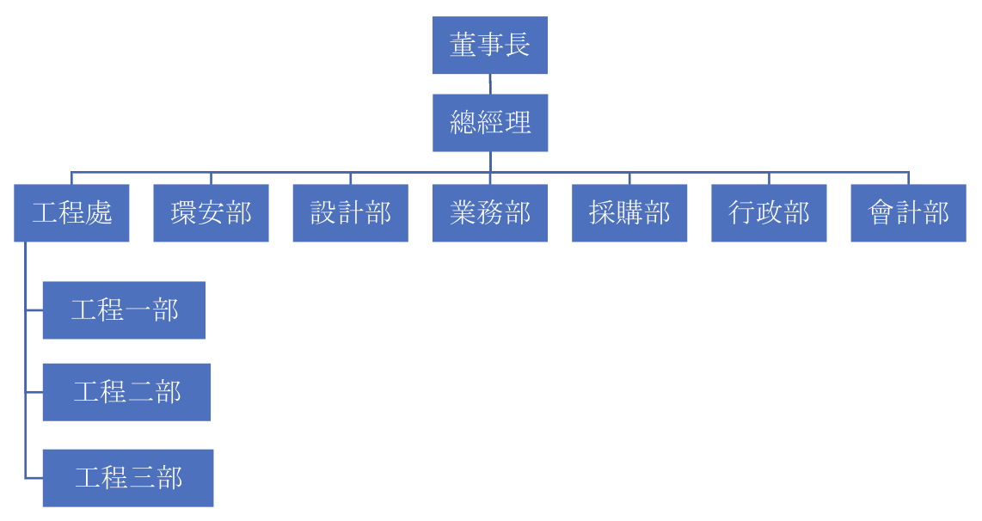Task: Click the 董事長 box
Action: coord(489,45)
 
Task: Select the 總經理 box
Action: coord(489,123)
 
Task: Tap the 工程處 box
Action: coord(71,212)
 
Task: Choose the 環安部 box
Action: coord(211,212)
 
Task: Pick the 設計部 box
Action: coord(350,212)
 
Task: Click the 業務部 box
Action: coord(489,212)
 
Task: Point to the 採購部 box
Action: coord(629,212)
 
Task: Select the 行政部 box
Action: coord(769,212)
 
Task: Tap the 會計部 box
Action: coord(908,212)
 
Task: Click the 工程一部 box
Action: coord(124,310)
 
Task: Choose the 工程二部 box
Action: coord(126,392)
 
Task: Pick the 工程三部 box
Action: coord(128,477)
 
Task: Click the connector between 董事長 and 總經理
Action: coord(490,83)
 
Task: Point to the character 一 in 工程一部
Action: coord(138,310)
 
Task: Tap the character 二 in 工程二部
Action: coord(141,393)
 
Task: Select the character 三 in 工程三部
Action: coord(143,478)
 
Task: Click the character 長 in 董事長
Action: coord(517,45)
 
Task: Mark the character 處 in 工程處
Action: coord(99,213)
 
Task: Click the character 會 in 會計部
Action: coord(881,213)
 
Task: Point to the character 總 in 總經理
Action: coord(463,123)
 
